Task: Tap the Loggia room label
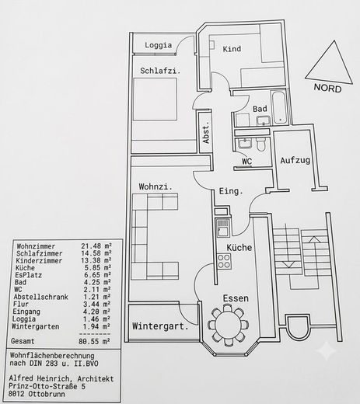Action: (x=158, y=45)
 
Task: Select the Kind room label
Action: (x=232, y=49)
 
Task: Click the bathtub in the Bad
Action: (x=279, y=106)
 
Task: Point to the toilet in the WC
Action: (x=260, y=145)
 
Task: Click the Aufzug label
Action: (x=295, y=161)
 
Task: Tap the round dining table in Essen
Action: (x=228, y=324)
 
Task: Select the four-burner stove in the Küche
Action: (x=224, y=261)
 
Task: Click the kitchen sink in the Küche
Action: (x=222, y=228)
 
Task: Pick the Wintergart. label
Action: (x=160, y=326)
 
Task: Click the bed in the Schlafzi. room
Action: (x=155, y=99)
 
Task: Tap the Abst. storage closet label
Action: (x=206, y=134)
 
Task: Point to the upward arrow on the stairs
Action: (x=315, y=255)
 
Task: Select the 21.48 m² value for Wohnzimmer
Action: (x=96, y=246)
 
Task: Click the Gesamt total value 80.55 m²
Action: (x=94, y=341)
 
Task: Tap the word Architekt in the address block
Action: (x=96, y=378)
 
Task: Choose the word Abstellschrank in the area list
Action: (x=41, y=297)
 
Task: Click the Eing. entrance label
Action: (x=231, y=191)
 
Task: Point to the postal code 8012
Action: (x=16, y=394)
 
